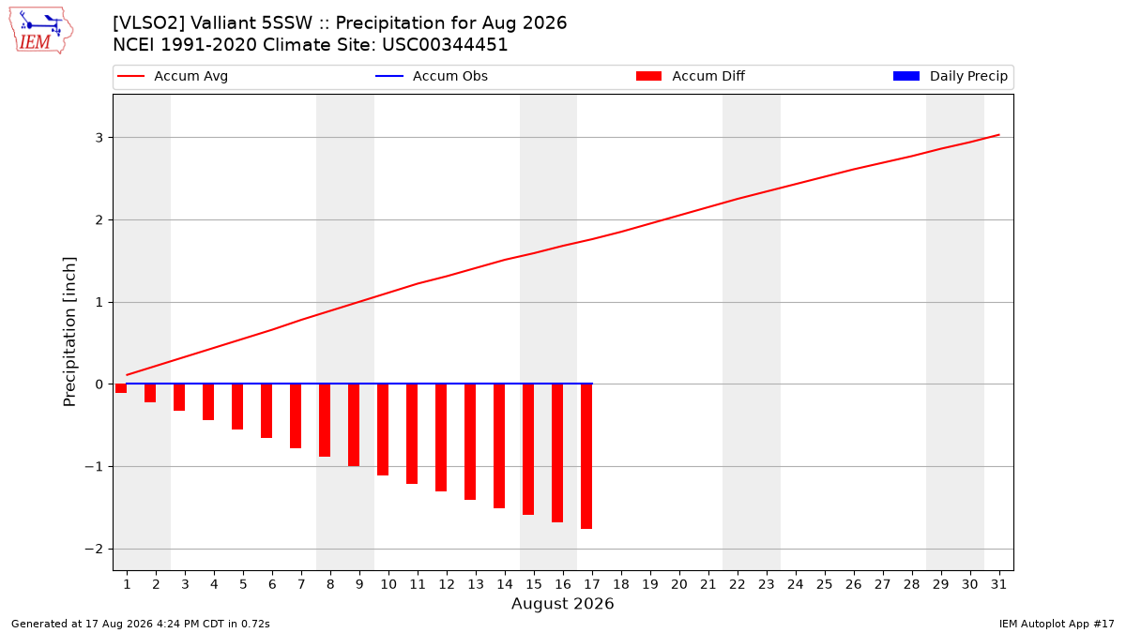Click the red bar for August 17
(586, 456)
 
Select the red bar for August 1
(121, 388)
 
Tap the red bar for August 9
(354, 425)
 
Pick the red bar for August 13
(470, 442)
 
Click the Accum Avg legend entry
(173, 76)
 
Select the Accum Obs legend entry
(432, 76)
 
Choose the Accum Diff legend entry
(691, 76)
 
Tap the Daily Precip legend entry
(950, 76)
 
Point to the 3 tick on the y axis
(99, 138)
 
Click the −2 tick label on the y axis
(94, 550)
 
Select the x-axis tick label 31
(998, 584)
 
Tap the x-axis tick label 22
(738, 584)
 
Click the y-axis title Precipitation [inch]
(69, 332)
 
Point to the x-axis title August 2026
(562, 603)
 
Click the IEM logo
(40, 31)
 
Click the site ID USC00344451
(445, 45)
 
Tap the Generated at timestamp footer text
(140, 624)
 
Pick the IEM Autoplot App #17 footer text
(1057, 624)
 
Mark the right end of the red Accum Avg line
(999, 135)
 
